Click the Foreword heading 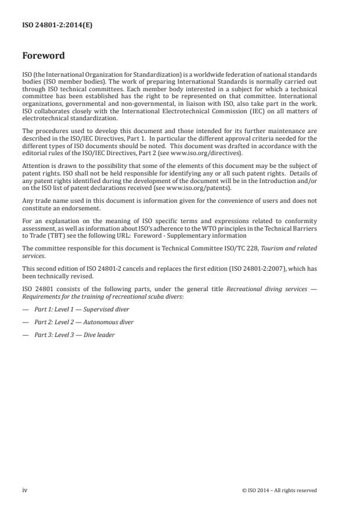[x=44, y=56]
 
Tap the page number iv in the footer [x=24, y=490]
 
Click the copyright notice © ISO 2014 [x=279, y=490]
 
